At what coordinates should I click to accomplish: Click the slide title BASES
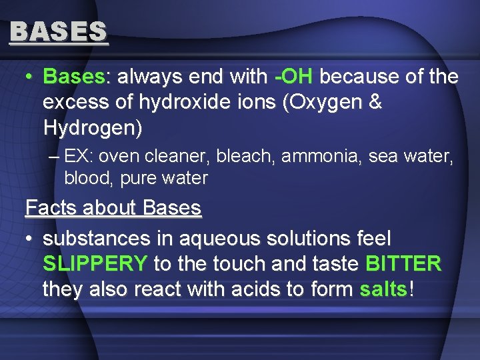pyautogui.click(x=59, y=31)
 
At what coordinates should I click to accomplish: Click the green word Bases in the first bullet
pyautogui.click(x=73, y=77)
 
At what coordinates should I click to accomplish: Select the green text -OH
pyautogui.click(x=294, y=77)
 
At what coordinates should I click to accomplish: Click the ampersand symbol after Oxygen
pyautogui.click(x=374, y=103)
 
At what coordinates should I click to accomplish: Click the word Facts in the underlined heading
pyautogui.click(x=49, y=208)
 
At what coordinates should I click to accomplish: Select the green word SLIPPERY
pyautogui.click(x=95, y=264)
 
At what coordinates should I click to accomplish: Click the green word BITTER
pyautogui.click(x=403, y=264)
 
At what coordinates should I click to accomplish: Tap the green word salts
pyautogui.click(x=383, y=289)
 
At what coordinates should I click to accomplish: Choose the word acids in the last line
pyautogui.click(x=253, y=289)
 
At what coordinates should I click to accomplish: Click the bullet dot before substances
pyautogui.click(x=29, y=239)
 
